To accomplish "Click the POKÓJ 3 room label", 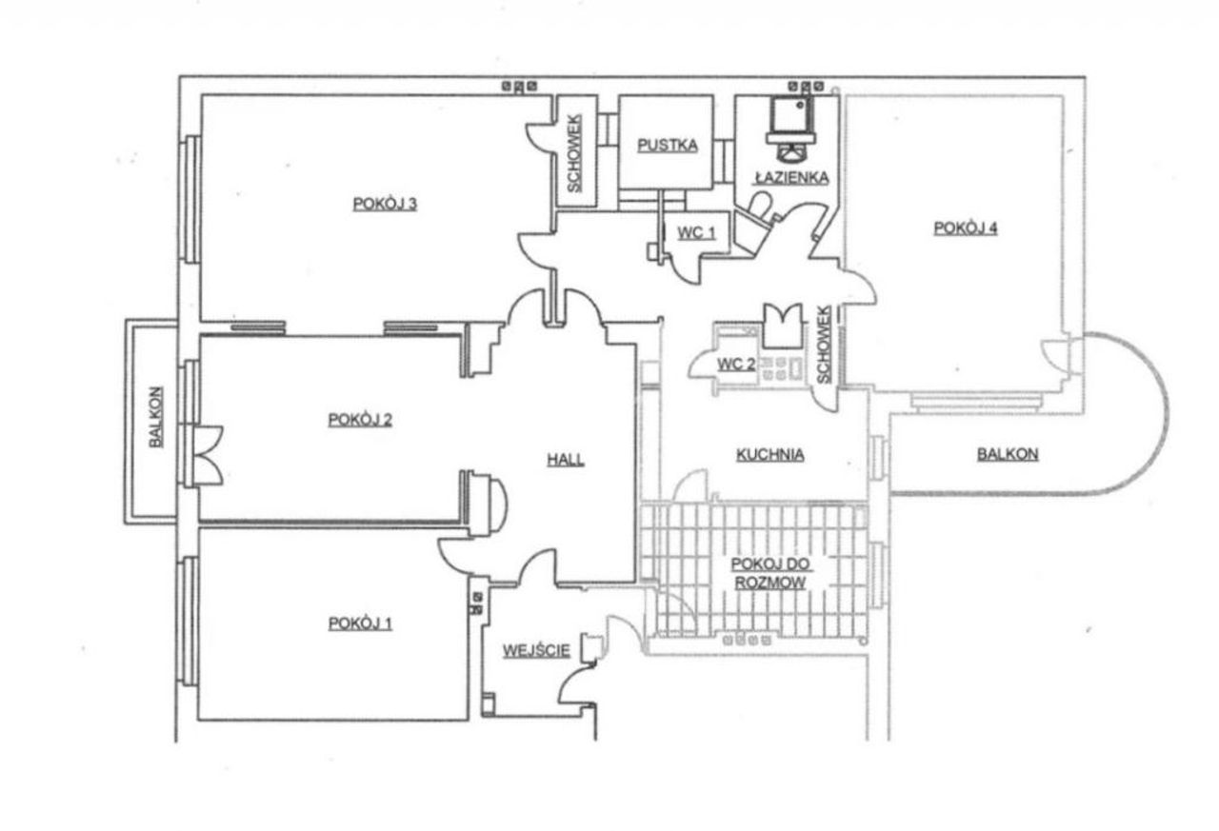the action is coord(385,204).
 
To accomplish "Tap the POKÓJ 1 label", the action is coord(360,623).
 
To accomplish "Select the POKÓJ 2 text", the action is coord(360,420).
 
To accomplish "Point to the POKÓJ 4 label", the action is coord(966,228).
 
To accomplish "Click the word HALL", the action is coord(566,460).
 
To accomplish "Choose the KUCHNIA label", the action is coord(770,455).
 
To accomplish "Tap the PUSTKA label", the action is coord(668,146).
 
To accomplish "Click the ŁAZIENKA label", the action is coord(791,177).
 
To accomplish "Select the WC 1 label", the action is coord(696,233).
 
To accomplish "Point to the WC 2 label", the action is coord(736,365).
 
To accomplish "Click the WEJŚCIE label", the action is coord(536,650).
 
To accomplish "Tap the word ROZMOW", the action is coord(770,583).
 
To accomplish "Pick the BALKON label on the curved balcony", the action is coord(1008,454).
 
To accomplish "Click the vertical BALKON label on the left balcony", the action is coord(155,417).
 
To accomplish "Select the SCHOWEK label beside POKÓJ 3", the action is coord(574,153).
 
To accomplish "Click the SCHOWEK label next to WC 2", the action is coord(824,345).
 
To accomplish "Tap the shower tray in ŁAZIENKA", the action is coord(790,114).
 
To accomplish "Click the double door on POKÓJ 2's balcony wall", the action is coord(208,455).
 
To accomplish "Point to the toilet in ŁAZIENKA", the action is coord(758,208).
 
